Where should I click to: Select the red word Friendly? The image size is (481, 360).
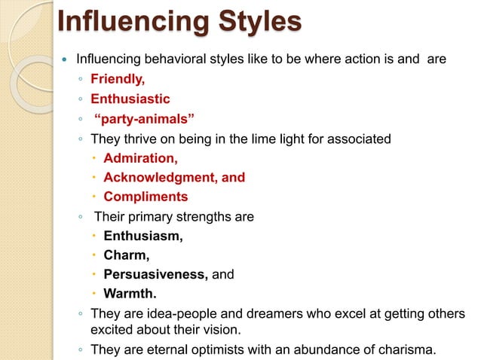[117, 78]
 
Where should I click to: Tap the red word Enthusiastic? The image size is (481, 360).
[130, 98]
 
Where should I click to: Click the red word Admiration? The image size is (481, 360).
[140, 158]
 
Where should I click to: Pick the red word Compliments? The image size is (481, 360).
[146, 197]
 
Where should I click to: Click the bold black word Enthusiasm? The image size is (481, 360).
[142, 236]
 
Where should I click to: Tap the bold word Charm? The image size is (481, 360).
[126, 255]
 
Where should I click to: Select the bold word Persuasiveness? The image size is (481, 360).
[155, 275]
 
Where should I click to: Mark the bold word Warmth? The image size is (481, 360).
[130, 294]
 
